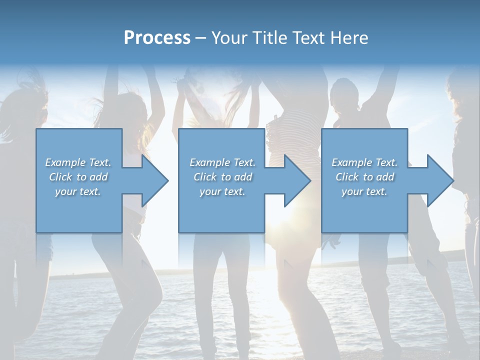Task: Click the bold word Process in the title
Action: coord(157,37)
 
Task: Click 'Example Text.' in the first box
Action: coord(78,162)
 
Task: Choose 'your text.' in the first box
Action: coord(78,191)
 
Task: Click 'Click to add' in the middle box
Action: coord(222,177)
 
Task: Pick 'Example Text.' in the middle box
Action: coord(222,162)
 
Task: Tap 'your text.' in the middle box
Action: coord(222,191)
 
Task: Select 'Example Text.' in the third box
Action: coord(364,162)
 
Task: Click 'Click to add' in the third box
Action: coord(364,177)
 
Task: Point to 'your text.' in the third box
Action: coord(364,191)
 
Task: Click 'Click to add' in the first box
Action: coord(78,177)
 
